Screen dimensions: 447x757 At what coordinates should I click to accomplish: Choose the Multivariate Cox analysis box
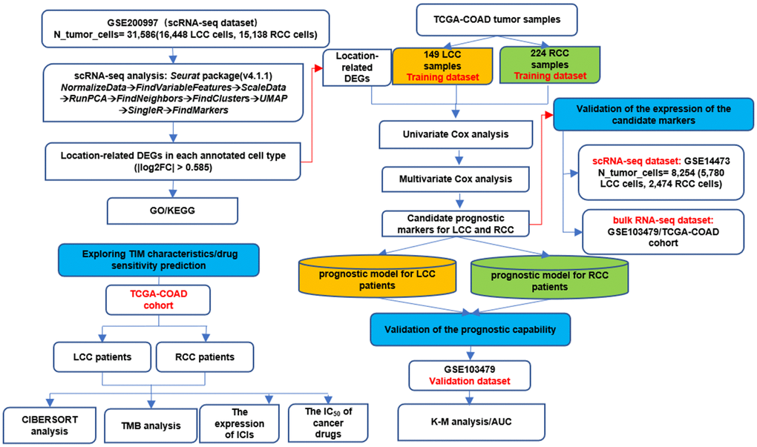click(455, 179)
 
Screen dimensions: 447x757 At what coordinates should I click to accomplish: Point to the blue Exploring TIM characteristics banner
click(160, 261)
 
